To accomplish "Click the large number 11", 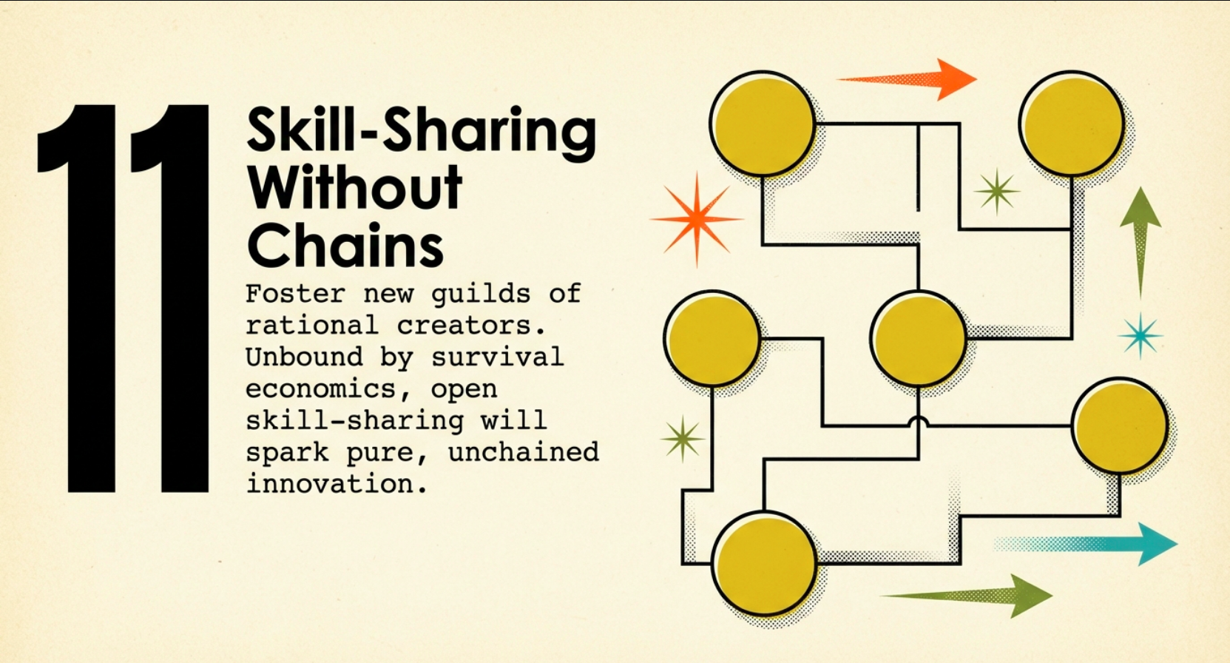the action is (x=124, y=298).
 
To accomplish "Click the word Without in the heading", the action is (x=355, y=186).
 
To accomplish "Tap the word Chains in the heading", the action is (x=345, y=245).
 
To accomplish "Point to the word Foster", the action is (x=295, y=293).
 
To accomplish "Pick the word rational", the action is (x=312, y=325).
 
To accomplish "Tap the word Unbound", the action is (x=304, y=357).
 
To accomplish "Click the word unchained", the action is (x=524, y=451).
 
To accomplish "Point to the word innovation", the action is (x=336, y=483).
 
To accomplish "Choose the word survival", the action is (x=498, y=357).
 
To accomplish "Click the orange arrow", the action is (x=907, y=80).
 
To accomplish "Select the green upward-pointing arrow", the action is (x=1141, y=243).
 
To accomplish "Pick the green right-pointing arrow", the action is (x=967, y=596).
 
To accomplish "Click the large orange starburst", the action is (x=697, y=219).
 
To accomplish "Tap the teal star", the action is (x=1141, y=336).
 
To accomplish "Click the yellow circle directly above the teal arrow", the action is (x=1121, y=425).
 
